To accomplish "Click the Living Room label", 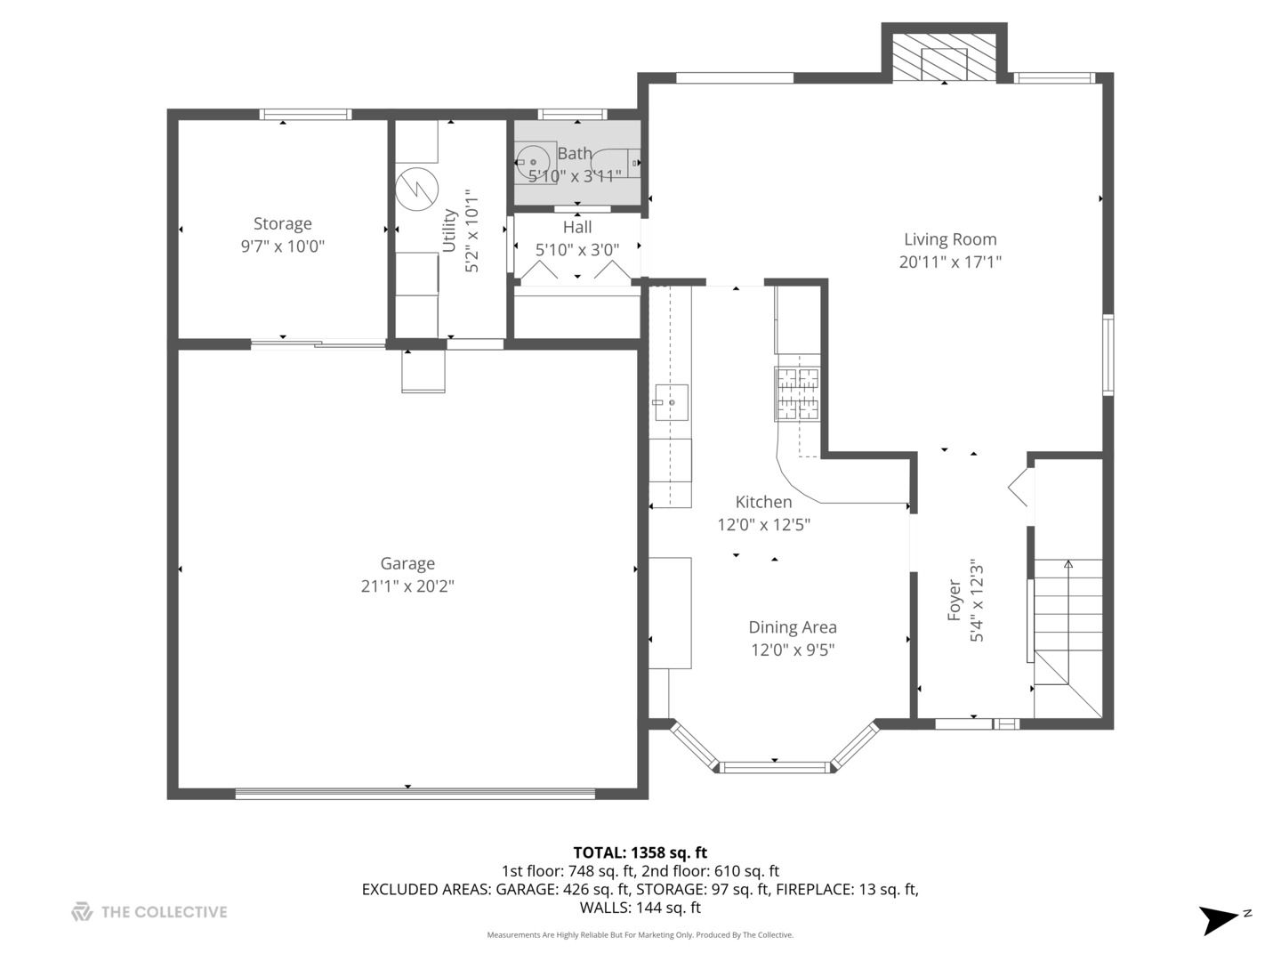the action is point(949,239).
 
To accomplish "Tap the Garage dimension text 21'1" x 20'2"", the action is point(407,585).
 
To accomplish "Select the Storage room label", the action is point(283,223).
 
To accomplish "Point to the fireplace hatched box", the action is point(944,57).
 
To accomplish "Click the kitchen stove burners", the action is point(797,394).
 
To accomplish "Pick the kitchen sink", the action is point(671,402).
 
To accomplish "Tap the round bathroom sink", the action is point(533,162).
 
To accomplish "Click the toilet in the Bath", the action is point(616,163).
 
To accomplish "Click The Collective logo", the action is point(82,911).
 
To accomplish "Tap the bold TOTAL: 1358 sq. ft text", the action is point(640,852).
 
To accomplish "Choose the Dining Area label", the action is point(793,627).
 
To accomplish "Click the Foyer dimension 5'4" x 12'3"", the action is point(977,602).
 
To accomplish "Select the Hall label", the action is point(577,227).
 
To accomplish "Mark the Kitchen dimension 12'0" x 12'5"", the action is point(763,525).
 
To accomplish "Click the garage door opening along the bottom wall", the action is point(415,793).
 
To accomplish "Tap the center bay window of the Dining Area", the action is point(775,767).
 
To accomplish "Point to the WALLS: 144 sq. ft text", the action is point(640,908).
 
